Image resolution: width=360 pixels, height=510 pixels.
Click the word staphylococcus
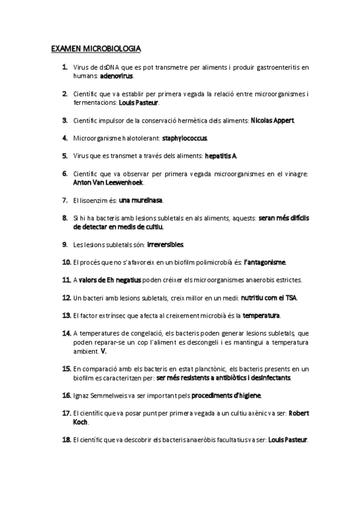pyautogui.click(x=185, y=138)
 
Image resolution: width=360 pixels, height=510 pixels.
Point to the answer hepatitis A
pyautogui.click(x=221, y=156)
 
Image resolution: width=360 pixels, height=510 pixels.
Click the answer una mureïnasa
pyautogui.click(x=141, y=200)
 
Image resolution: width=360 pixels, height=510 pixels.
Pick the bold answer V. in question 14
pyautogui.click(x=103, y=351)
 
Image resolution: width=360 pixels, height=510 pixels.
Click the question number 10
pyautogui.click(x=67, y=262)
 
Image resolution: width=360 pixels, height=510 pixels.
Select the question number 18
pyautogui.click(x=67, y=440)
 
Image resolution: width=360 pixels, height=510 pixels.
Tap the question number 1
pyautogui.click(x=64, y=67)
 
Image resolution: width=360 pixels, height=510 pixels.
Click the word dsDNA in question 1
pyautogui.click(x=108, y=68)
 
